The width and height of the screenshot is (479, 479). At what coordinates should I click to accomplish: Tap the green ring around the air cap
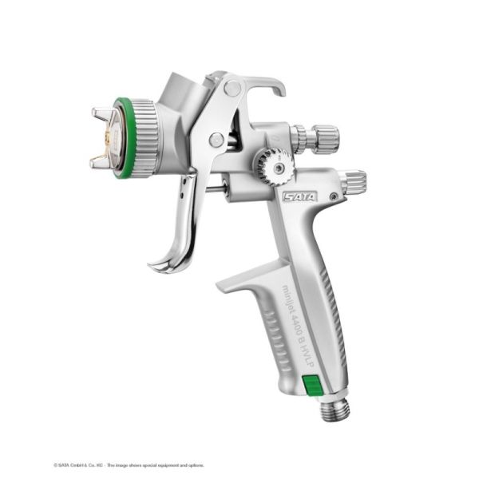[x=121, y=136]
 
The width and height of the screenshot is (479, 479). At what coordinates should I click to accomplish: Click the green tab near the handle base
[x=311, y=384]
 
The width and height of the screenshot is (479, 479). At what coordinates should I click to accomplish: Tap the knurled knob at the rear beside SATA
[x=353, y=181]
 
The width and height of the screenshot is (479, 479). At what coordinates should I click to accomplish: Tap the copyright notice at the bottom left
[x=128, y=464]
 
